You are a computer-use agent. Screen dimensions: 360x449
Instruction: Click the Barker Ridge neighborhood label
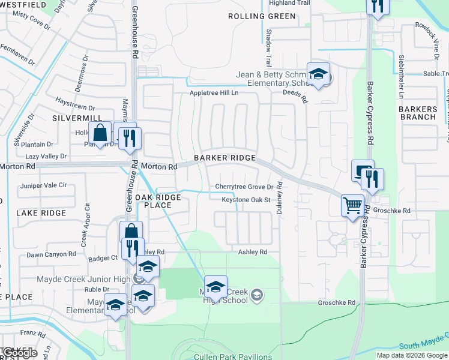[224, 158]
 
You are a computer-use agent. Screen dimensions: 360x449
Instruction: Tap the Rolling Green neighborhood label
[262, 16]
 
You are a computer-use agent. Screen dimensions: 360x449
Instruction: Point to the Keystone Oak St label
[246, 200]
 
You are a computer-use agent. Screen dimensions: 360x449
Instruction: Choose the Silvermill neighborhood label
[75, 118]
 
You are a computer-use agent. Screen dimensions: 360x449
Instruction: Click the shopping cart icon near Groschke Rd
[352, 206]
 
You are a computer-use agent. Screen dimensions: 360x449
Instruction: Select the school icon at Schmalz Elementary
[318, 74]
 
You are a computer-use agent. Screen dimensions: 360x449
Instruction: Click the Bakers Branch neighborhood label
[417, 113]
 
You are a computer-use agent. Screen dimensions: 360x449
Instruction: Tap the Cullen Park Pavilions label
[233, 356]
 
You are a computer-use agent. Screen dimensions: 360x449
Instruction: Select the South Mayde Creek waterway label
[423, 344]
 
